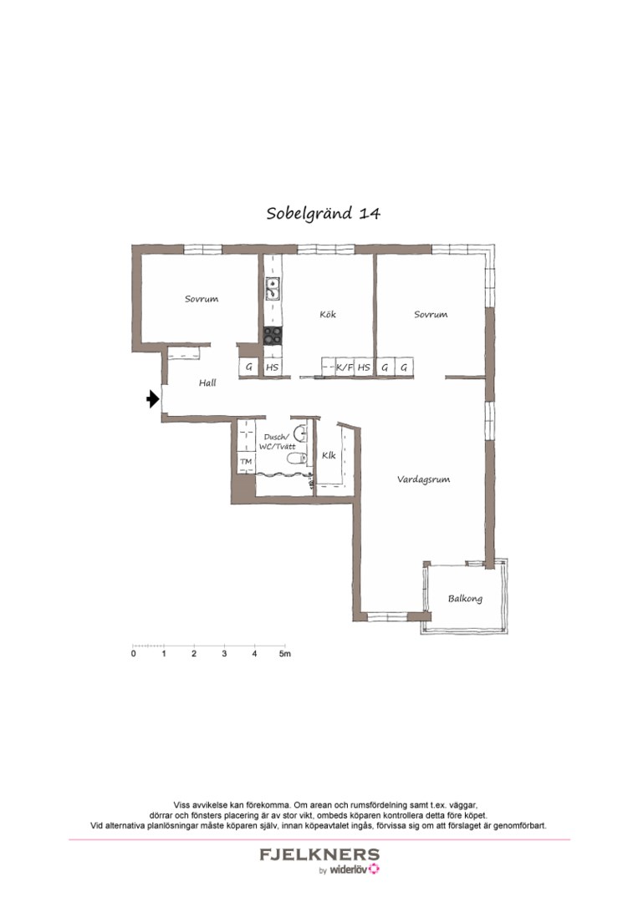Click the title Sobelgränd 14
[323, 213]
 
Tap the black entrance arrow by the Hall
[152, 399]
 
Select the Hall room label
[207, 383]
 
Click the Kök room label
[328, 315]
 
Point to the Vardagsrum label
[424, 479]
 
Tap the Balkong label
[464, 599]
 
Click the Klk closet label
[328, 456]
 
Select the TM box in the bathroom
[246, 461]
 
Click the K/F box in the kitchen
[344, 367]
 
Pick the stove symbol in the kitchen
[273, 335]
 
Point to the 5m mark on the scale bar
[285, 654]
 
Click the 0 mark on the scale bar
[134, 654]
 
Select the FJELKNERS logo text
[319, 855]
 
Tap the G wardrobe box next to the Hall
[248, 367]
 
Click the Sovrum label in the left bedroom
[202, 298]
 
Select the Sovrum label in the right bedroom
[431, 315]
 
